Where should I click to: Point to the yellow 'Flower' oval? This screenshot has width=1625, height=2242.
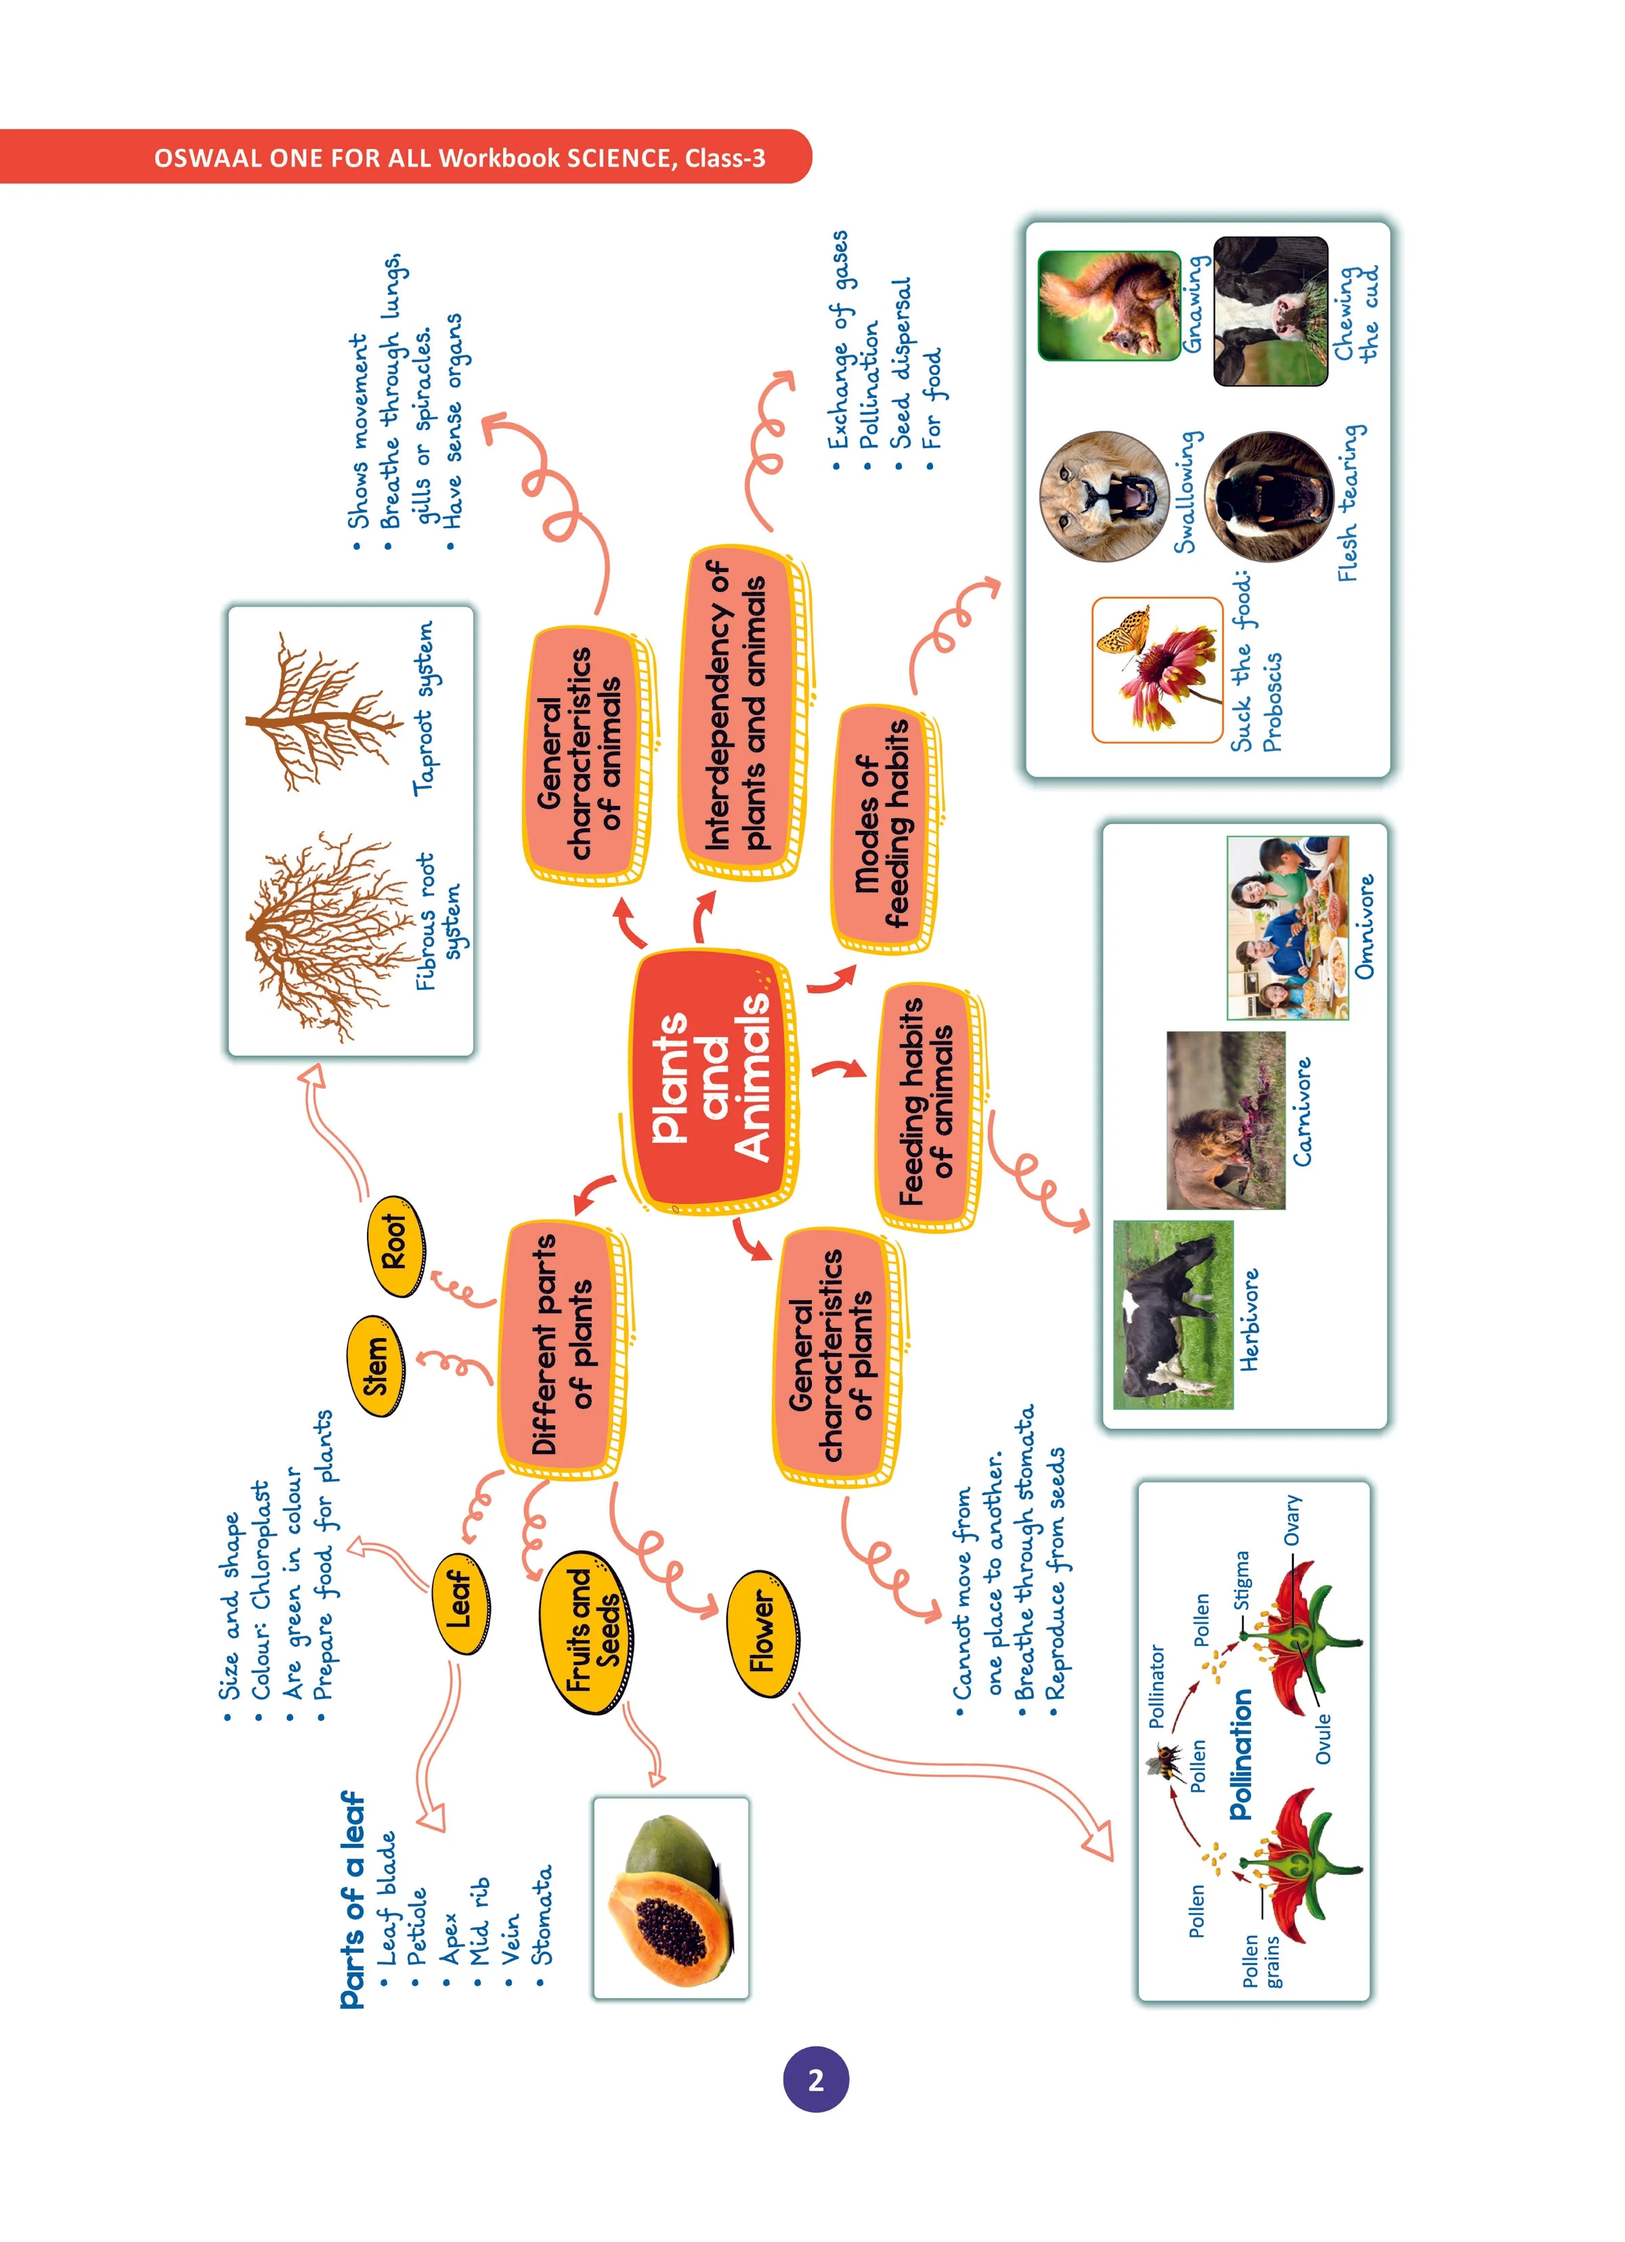coord(763,1634)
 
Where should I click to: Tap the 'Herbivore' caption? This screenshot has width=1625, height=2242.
coord(1249,1320)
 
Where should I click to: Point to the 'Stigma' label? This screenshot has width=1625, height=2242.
coord(1242,1580)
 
